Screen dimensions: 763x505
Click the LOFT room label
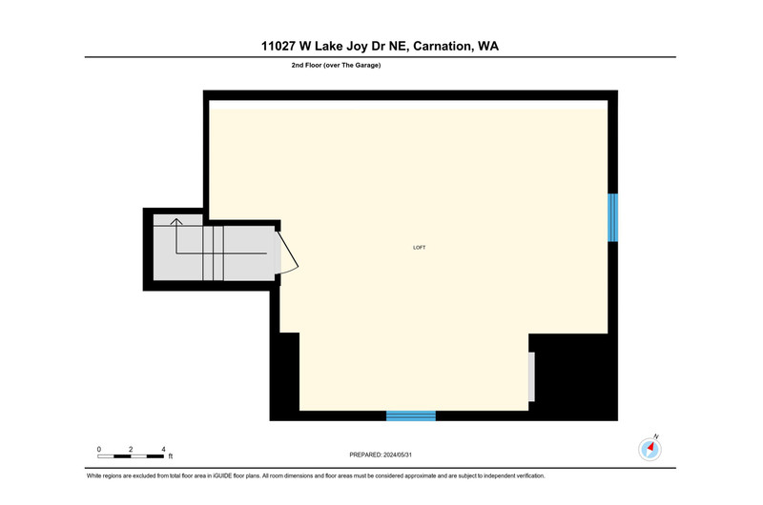pyautogui.click(x=419, y=248)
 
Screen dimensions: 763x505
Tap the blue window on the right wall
pyautogui.click(x=612, y=217)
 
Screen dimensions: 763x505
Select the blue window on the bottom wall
pyautogui.click(x=411, y=415)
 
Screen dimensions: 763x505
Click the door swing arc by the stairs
pyautogui.click(x=291, y=252)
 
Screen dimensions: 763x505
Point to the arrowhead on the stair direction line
pyautogui.click(x=176, y=222)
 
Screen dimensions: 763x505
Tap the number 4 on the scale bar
pyautogui.click(x=163, y=449)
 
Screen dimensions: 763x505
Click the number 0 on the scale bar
pyautogui.click(x=99, y=449)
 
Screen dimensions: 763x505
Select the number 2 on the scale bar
pyautogui.click(x=131, y=449)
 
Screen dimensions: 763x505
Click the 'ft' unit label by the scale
pyautogui.click(x=171, y=456)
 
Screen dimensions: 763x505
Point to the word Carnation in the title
pyautogui.click(x=442, y=46)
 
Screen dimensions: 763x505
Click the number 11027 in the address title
pyautogui.click(x=278, y=46)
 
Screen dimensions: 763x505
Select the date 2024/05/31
pyautogui.click(x=398, y=454)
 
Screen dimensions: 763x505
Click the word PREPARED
pyautogui.click(x=365, y=454)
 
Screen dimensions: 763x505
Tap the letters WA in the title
pyautogui.click(x=488, y=46)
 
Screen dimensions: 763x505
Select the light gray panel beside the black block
pyautogui.click(x=531, y=376)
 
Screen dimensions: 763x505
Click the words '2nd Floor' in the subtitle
pyautogui.click(x=306, y=65)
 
